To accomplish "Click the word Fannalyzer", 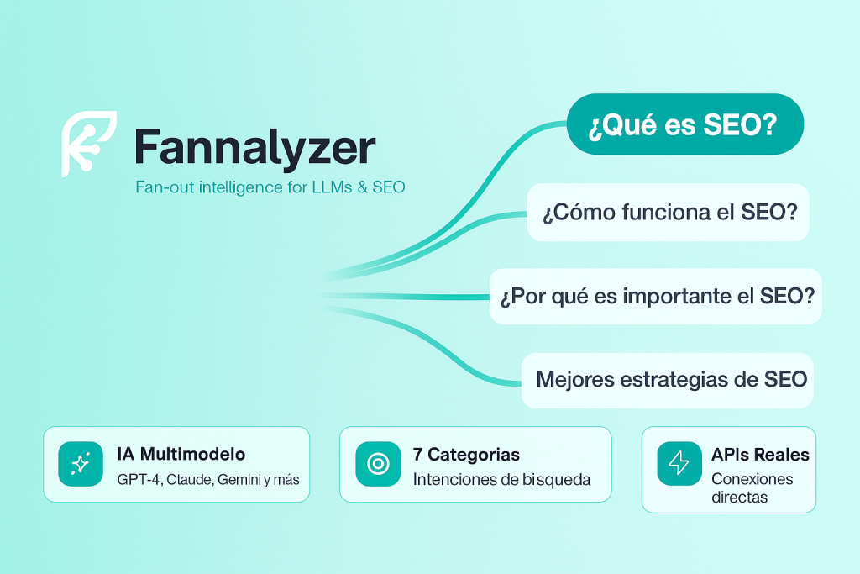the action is (255, 148).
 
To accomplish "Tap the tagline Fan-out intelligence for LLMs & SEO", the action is (270, 187).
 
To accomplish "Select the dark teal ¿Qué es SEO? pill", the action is (685, 124).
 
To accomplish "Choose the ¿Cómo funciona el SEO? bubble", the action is (668, 213).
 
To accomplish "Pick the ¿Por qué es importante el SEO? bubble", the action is (655, 297).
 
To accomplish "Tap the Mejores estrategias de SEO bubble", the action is (667, 381).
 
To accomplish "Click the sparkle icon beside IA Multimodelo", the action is (81, 464).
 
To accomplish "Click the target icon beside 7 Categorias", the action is (378, 464).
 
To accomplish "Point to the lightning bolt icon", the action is (679, 464).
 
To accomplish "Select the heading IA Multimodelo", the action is (181, 454).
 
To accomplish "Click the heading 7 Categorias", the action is (466, 455).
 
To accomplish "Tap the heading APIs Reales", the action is (760, 455).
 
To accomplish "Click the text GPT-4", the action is (139, 480).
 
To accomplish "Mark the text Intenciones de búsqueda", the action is (501, 480).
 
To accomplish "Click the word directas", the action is (739, 498).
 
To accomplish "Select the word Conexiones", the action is (752, 479).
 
